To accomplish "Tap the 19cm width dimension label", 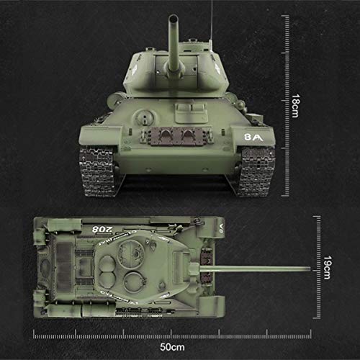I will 328,267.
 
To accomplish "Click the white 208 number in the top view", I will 104,228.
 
